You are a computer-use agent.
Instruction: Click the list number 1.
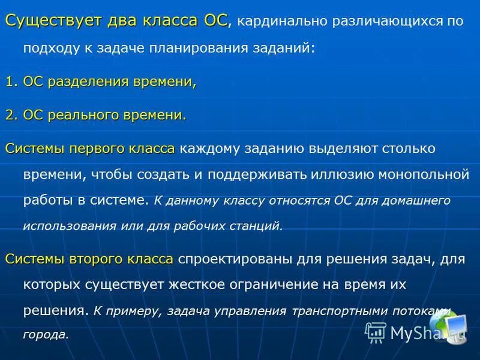10,82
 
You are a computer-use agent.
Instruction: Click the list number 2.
10,115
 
